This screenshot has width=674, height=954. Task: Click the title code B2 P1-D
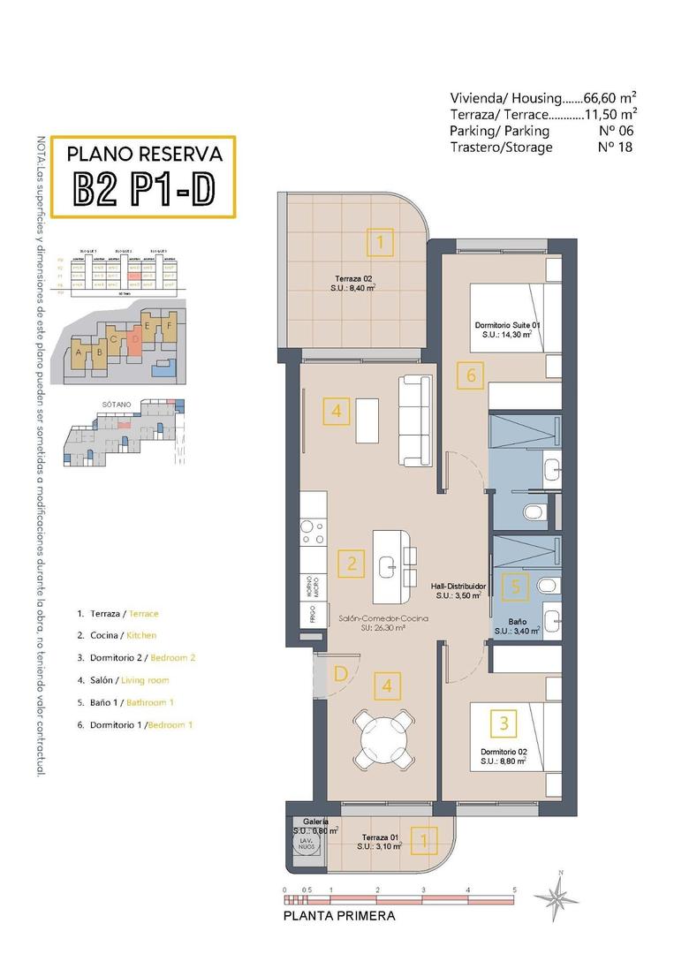click(x=142, y=188)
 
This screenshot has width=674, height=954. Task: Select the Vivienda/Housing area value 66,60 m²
click(x=610, y=97)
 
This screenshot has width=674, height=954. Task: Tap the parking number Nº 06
click(x=616, y=131)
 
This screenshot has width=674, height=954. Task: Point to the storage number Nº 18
click(x=616, y=148)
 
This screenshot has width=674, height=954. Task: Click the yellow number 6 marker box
click(x=471, y=375)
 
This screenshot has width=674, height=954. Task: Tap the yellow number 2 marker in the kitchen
click(x=351, y=563)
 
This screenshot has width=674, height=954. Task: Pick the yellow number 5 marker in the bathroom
click(x=517, y=585)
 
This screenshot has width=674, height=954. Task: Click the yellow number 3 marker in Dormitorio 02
click(x=504, y=723)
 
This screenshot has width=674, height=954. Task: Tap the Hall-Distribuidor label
click(x=458, y=591)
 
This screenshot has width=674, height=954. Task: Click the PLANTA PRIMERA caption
click(x=339, y=916)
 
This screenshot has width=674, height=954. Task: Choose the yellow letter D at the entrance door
click(x=340, y=674)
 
